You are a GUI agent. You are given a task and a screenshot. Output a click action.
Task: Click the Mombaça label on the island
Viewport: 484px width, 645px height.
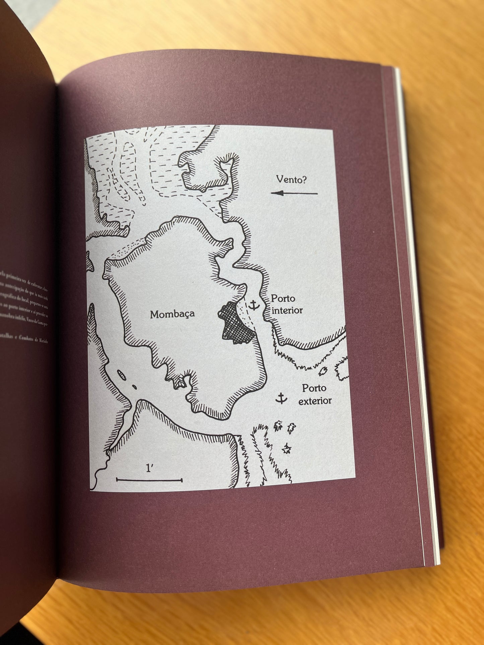[x=172, y=314]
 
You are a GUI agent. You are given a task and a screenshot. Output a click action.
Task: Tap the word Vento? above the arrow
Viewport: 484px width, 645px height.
[x=291, y=179]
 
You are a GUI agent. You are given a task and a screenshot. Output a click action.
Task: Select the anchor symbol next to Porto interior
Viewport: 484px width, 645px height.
[x=254, y=305]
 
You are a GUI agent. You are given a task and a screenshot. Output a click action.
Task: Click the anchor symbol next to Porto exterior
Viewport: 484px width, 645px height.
[x=281, y=398]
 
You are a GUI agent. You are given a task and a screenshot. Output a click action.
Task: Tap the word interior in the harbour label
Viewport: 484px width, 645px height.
[x=287, y=310]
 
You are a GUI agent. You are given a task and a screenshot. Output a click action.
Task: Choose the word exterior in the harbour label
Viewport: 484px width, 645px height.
[x=315, y=401]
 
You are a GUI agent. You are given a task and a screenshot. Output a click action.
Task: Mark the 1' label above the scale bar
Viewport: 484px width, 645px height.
[x=149, y=468]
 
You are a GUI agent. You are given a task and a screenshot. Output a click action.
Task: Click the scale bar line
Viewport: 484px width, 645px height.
[x=149, y=480]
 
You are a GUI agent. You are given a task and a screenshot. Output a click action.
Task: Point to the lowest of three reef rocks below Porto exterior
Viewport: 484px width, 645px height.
[x=286, y=449]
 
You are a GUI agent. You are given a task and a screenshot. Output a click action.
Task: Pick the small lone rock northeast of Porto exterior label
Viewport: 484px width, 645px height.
[x=323, y=371]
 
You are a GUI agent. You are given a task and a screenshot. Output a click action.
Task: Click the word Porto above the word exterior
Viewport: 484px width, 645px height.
[x=314, y=388]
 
